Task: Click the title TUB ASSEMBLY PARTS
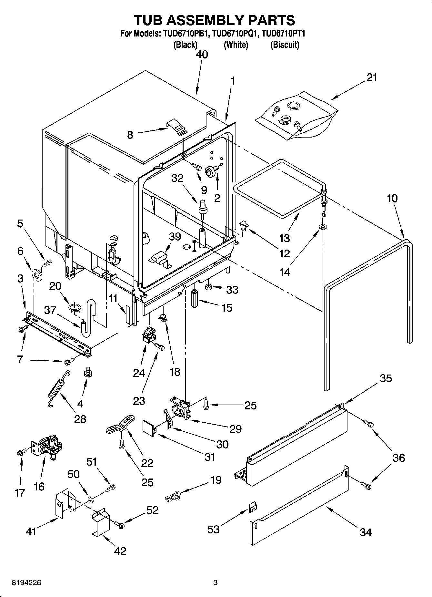[214, 20]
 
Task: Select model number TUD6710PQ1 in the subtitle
[236, 34]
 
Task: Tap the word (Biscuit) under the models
[285, 45]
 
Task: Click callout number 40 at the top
[202, 54]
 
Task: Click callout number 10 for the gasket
[392, 198]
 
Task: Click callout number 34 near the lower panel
[366, 532]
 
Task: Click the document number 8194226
[26, 583]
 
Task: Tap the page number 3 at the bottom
[216, 583]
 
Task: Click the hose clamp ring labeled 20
[75, 307]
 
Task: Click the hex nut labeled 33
[208, 286]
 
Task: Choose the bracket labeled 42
[100, 521]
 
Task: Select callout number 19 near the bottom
[216, 480]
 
